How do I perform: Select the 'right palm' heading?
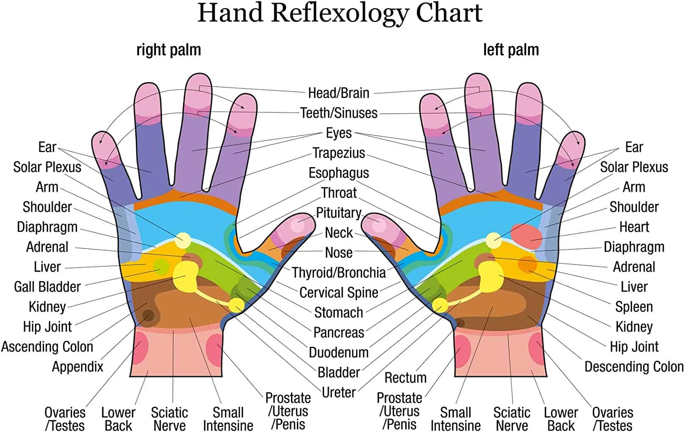click(168, 50)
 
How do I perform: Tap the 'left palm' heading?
click(511, 50)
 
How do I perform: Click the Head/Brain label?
click(338, 93)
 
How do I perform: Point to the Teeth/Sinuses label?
click(339, 113)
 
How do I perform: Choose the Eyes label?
click(338, 133)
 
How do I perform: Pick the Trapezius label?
click(338, 153)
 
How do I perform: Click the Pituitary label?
click(338, 213)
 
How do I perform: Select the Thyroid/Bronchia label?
click(339, 273)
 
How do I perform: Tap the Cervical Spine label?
click(338, 292)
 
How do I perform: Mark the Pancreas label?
click(338, 333)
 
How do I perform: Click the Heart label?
click(634, 227)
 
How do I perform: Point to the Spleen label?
click(634, 307)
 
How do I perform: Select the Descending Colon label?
click(634, 367)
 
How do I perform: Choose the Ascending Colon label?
click(47, 347)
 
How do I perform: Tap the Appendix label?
click(77, 367)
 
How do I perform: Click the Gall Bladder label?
click(47, 287)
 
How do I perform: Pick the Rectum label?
click(405, 378)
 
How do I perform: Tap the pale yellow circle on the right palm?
click(183, 240)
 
